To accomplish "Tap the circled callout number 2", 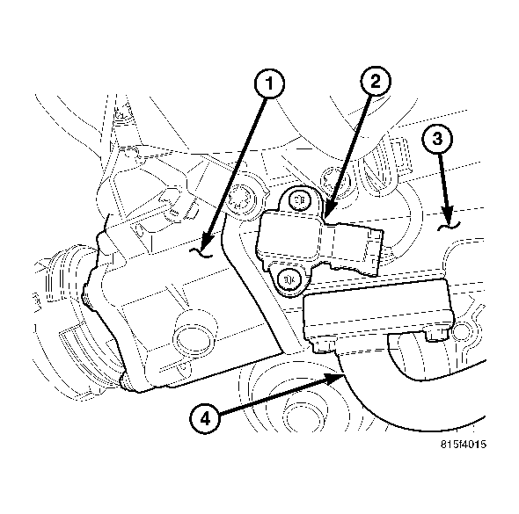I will tap(375, 82).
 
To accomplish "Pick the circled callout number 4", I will tap(204, 418).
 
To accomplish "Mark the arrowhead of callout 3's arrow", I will tap(447, 220).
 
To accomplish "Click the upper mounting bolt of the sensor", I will tap(298, 199).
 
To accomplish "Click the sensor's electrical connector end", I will tap(374, 248).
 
